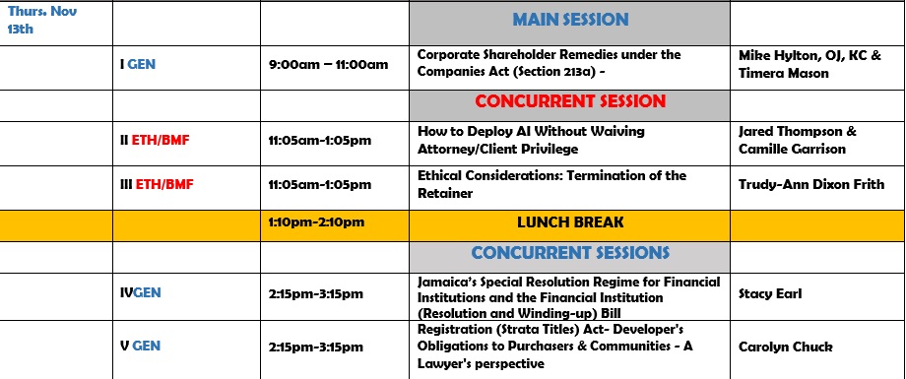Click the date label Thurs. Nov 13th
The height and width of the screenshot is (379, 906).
coord(42,20)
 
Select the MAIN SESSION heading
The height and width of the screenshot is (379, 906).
coord(570,20)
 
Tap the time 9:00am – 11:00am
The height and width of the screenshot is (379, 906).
coord(328,65)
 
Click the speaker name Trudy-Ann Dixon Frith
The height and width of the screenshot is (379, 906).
coord(811,184)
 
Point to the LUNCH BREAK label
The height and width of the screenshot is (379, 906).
coord(570,222)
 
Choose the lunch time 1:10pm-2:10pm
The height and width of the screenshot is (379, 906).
coord(316,222)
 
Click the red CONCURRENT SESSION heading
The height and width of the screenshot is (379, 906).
coord(570,101)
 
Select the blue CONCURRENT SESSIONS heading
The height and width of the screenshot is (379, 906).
coord(570,253)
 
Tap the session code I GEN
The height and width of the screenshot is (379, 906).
coord(138,64)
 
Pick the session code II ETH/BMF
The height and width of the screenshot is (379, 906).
coord(155,141)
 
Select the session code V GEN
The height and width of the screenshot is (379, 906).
coord(141,347)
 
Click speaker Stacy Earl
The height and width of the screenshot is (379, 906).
coord(769,293)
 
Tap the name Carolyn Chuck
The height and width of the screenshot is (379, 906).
coord(785,347)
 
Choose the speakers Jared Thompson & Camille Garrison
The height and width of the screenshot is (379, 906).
coord(798,141)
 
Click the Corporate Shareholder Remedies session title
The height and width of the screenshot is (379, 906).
coord(549,64)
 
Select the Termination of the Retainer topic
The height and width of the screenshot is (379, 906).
coord(551,184)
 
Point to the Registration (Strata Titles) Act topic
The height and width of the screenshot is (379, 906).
coord(554,347)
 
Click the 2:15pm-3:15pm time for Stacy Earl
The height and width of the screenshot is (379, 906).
coord(316,293)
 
